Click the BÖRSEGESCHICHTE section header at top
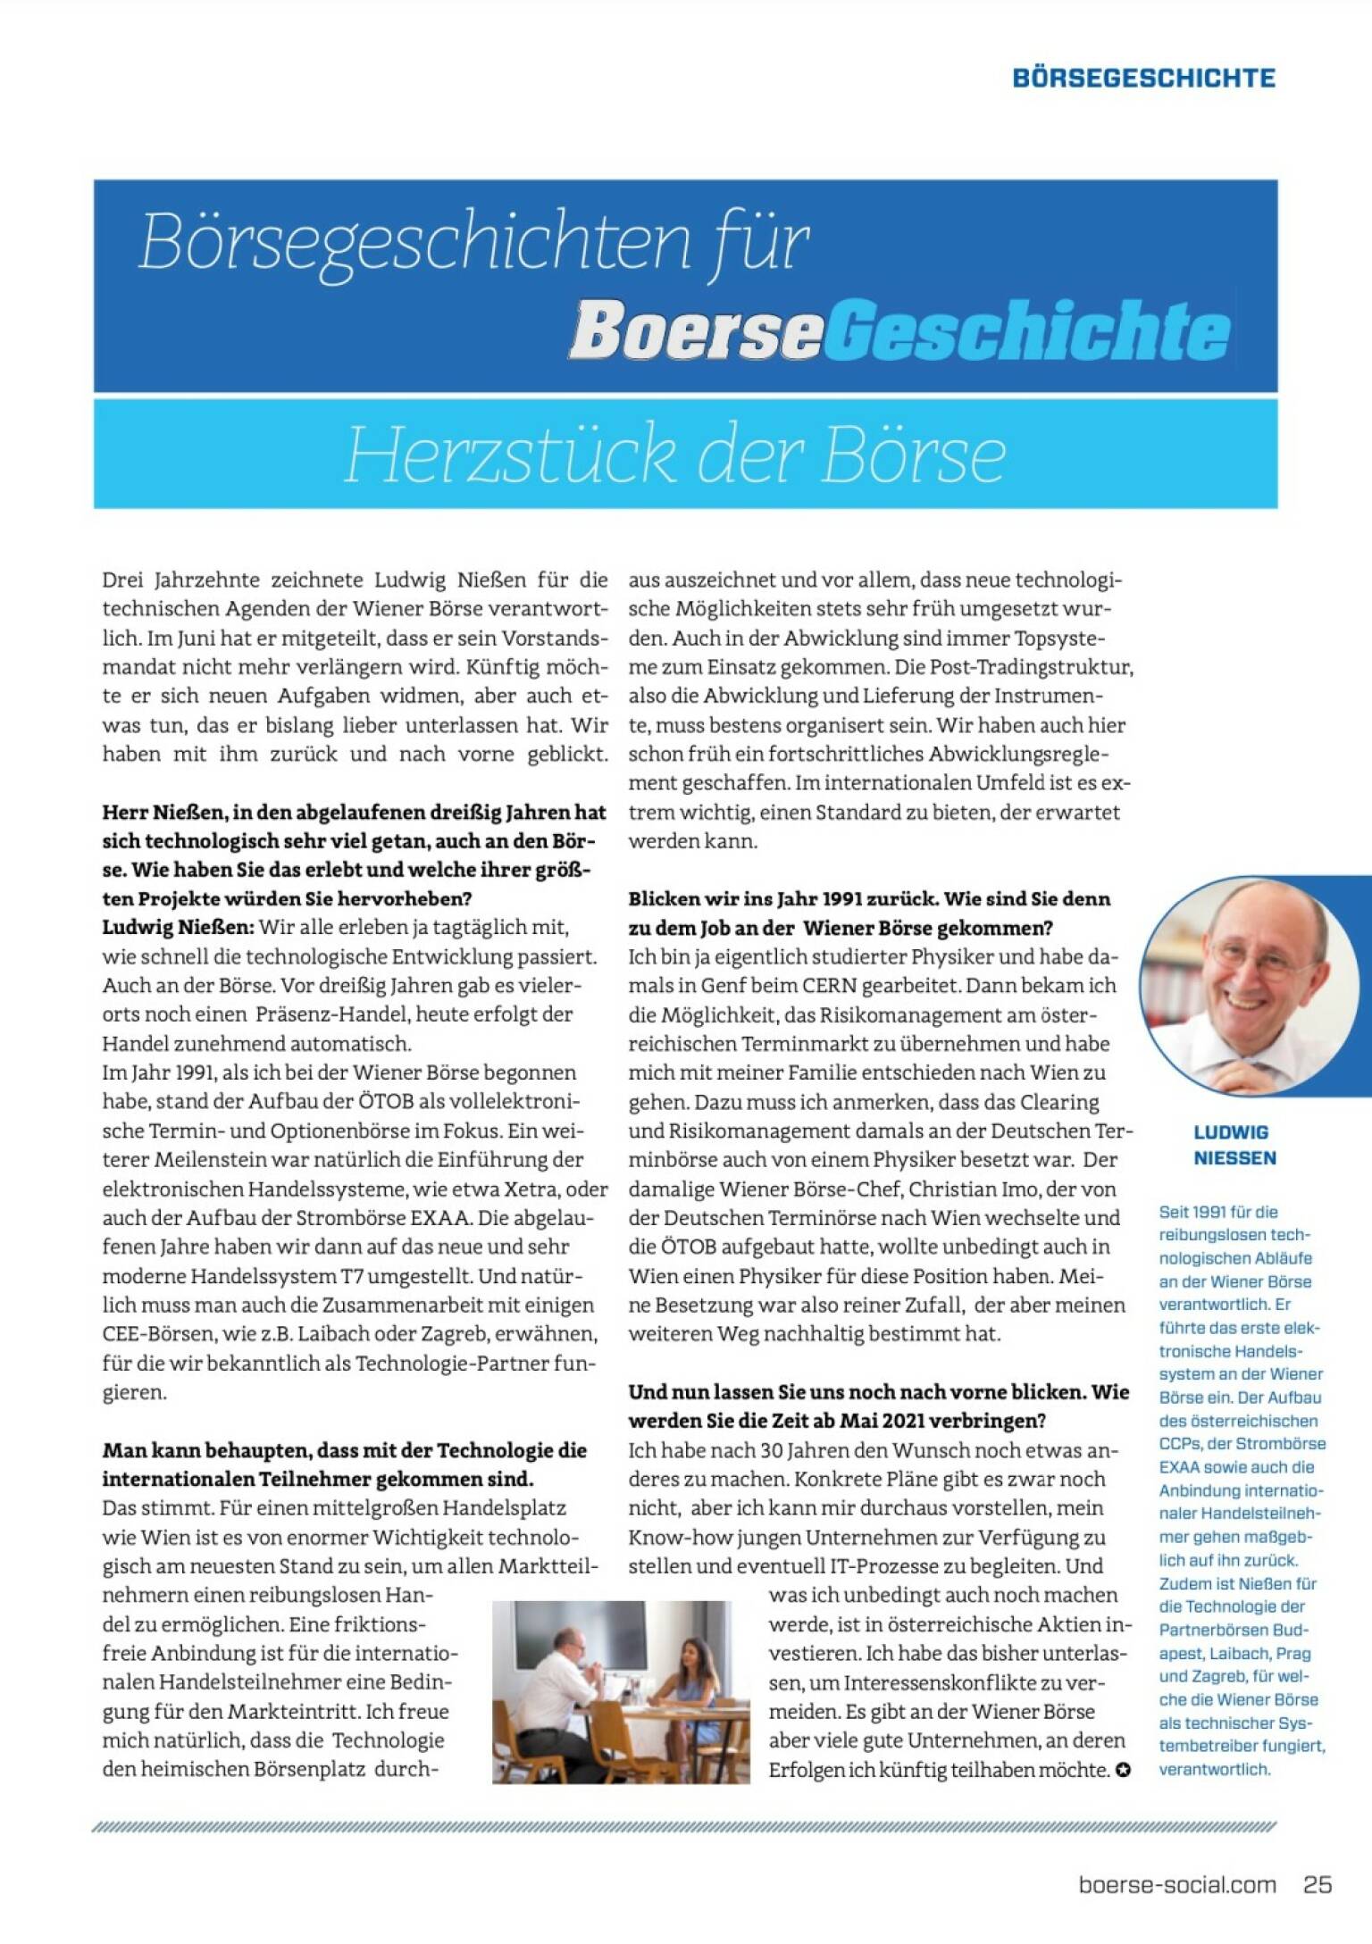tap(1143, 78)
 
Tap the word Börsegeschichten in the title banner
tap(415, 242)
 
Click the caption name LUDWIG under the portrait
tap(1231, 1132)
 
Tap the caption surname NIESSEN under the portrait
tap(1234, 1158)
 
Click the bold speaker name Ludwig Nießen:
tap(178, 927)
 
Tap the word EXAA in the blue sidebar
tap(1180, 1467)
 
